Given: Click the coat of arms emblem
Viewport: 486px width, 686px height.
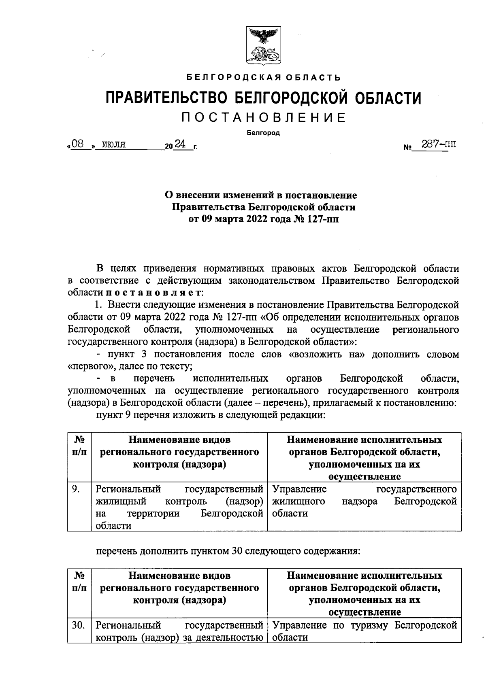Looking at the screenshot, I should tap(263, 45).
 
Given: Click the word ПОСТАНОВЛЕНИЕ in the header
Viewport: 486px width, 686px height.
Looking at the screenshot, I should tap(263, 118).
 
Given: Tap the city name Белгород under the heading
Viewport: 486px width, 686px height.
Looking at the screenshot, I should tap(263, 132).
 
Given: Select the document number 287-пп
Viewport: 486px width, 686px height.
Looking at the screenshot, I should tap(438, 145).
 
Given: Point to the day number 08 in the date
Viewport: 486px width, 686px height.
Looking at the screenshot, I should tap(80, 144).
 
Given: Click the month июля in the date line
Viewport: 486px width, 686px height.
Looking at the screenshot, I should tap(113, 144).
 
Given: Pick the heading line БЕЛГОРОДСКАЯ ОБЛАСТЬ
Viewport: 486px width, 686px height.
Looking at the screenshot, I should tap(263, 77).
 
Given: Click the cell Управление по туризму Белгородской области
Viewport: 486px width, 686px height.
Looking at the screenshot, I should tap(364, 631).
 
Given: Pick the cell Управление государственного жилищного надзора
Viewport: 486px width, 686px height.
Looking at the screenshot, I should tap(364, 501).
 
